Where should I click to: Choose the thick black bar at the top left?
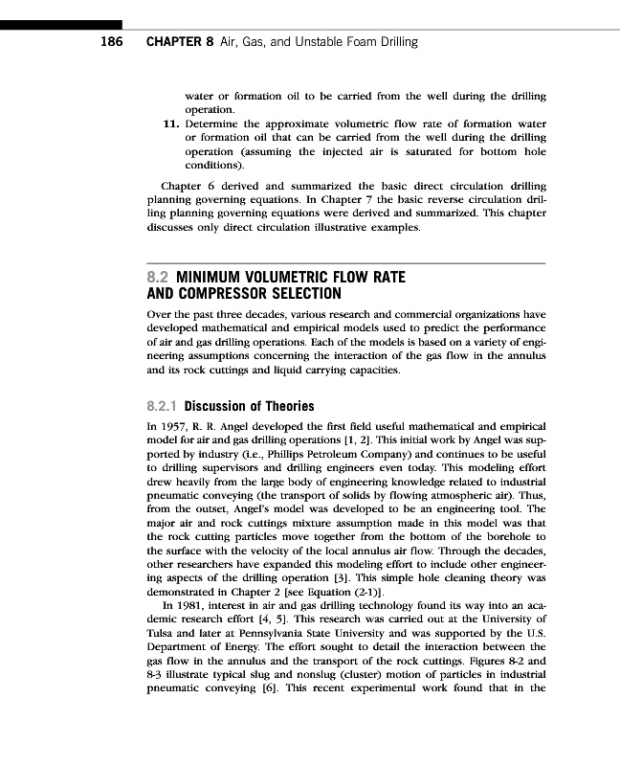coord(61,23)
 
